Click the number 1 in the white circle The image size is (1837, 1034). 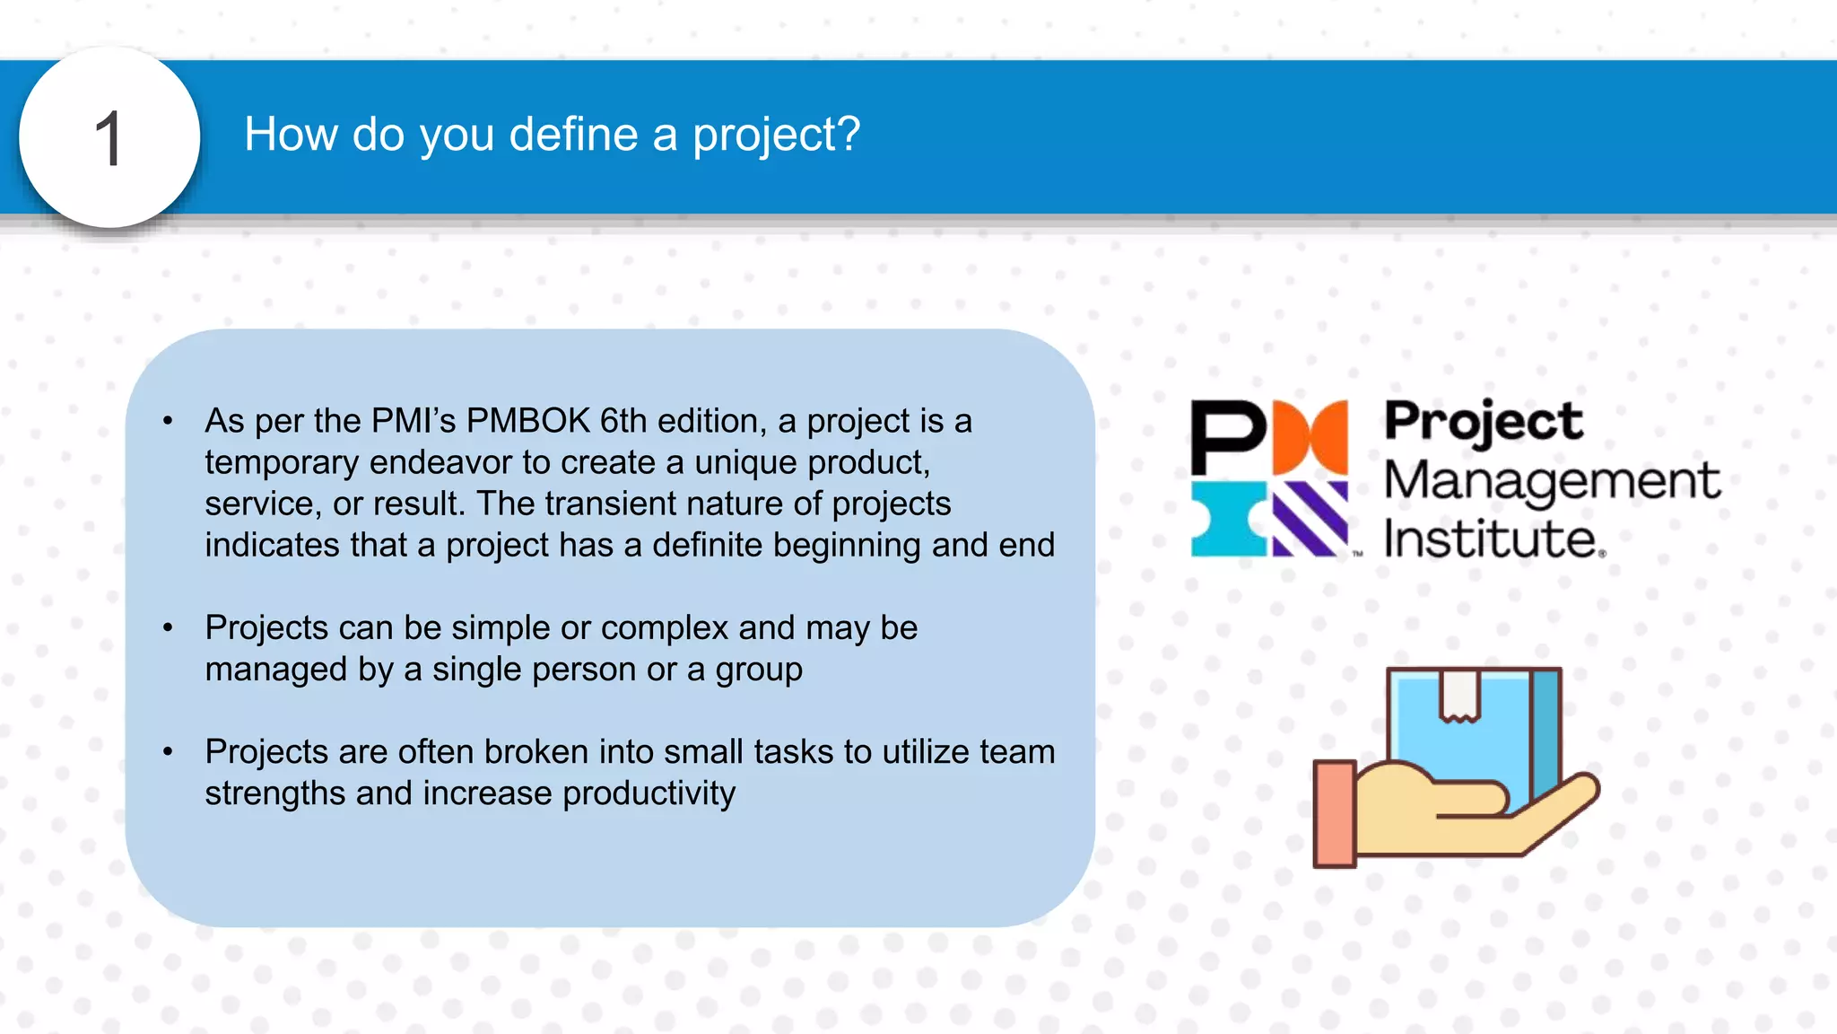(x=109, y=139)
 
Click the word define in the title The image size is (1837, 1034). (x=573, y=135)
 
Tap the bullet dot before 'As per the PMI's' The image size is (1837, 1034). (x=168, y=421)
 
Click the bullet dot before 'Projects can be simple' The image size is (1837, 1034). (x=168, y=627)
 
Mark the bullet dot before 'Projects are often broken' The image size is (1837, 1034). (x=168, y=752)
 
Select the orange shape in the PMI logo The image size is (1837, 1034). (x=1310, y=438)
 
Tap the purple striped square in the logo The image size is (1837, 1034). (x=1310, y=519)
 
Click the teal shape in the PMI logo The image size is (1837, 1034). (x=1226, y=519)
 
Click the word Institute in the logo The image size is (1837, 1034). (x=1491, y=539)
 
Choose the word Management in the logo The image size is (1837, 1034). (x=1552, y=480)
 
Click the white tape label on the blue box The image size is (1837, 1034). (x=1459, y=694)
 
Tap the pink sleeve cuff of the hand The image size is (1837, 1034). (x=1335, y=813)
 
